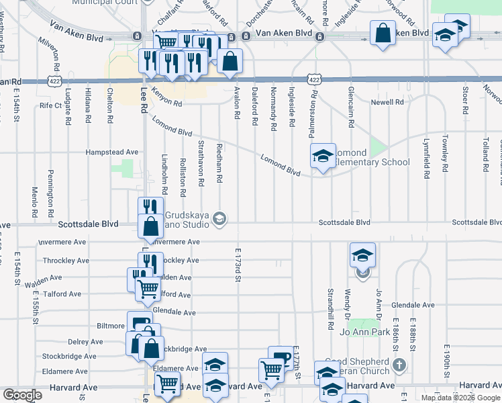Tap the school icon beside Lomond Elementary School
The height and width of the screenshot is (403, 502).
pyautogui.click(x=323, y=156)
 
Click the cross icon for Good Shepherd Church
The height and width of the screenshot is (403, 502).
pyautogui.click(x=399, y=365)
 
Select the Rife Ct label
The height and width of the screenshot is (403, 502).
pyautogui.click(x=50, y=105)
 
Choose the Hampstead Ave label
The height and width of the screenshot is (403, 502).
pyautogui.click(x=111, y=152)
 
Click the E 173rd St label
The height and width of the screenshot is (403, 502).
pyautogui.click(x=238, y=265)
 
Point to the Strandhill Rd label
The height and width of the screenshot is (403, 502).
pyautogui.click(x=330, y=309)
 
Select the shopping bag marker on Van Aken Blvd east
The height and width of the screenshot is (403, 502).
pyautogui.click(x=383, y=34)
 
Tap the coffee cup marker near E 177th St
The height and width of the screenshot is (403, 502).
pyautogui.click(x=281, y=357)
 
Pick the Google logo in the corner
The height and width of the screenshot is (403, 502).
pyautogui.click(x=22, y=395)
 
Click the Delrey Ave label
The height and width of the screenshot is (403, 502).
pyautogui.click(x=85, y=342)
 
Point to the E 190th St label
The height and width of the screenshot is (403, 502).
pyautogui.click(x=447, y=360)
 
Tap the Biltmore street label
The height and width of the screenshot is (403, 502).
pyautogui.click(x=110, y=326)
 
